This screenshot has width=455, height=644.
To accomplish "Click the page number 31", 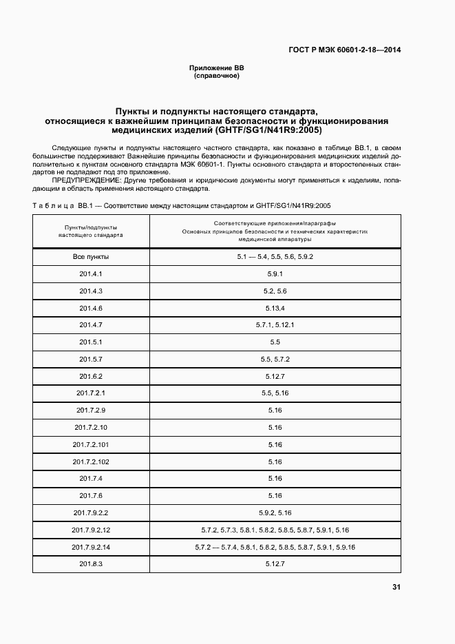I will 396,588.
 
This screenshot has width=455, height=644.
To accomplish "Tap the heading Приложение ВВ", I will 217,67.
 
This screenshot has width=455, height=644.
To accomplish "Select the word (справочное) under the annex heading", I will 217,76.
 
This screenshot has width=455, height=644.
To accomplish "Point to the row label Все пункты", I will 91,257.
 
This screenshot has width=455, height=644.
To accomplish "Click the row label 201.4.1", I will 91,273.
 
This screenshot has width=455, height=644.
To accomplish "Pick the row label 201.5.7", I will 91,359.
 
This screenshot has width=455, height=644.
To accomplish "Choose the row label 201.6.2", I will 91,376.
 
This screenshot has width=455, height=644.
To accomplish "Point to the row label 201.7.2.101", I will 91,444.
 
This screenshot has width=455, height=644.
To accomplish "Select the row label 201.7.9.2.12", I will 91,530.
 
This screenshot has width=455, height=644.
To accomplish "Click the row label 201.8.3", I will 91,564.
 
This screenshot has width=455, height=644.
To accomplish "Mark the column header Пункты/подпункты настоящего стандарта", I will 91,230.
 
